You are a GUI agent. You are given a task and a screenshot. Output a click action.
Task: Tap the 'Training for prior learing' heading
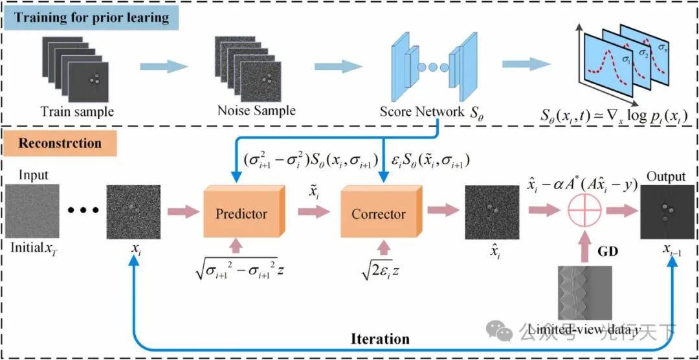[x=91, y=17]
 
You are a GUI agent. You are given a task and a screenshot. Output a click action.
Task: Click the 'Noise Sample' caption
[x=256, y=110]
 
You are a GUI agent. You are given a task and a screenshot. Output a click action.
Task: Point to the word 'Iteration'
[x=381, y=339]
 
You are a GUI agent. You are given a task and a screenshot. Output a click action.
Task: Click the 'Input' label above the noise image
[x=34, y=175]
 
